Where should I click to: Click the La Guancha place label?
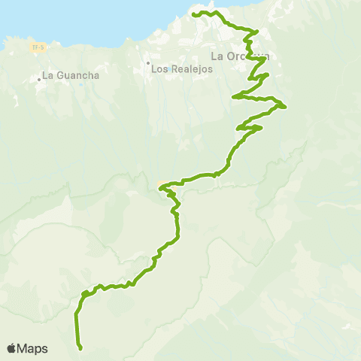click(71, 75)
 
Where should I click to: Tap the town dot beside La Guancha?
click(38, 77)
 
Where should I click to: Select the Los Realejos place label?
click(183, 68)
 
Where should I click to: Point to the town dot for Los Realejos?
click(148, 63)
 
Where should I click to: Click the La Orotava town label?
click(239, 56)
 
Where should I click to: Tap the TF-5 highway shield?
click(35, 47)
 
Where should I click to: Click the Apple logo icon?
click(12, 348)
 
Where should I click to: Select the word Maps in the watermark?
click(33, 348)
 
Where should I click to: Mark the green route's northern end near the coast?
click(194, 14)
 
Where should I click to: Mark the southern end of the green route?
click(80, 348)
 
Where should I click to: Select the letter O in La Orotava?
click(230, 56)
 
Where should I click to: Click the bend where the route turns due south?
click(77, 311)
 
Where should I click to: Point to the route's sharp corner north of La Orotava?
click(257, 32)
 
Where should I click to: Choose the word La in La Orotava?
click(217, 56)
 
